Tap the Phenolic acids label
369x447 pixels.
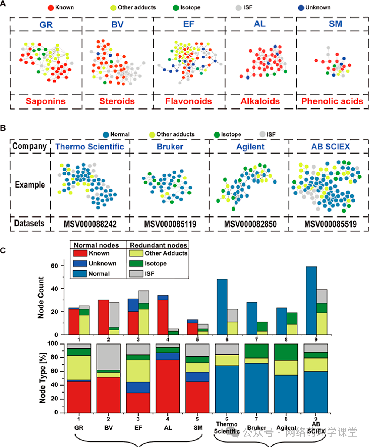tap(332, 101)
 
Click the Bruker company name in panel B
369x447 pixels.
tap(169, 147)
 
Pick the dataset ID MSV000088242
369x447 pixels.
tap(90, 224)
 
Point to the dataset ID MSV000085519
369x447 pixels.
tap(325, 224)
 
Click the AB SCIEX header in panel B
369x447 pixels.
tap(325, 147)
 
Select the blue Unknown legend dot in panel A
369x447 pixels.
tap(302, 7)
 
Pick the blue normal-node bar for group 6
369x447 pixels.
tap(223, 307)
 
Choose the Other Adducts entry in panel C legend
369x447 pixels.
tap(166, 253)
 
